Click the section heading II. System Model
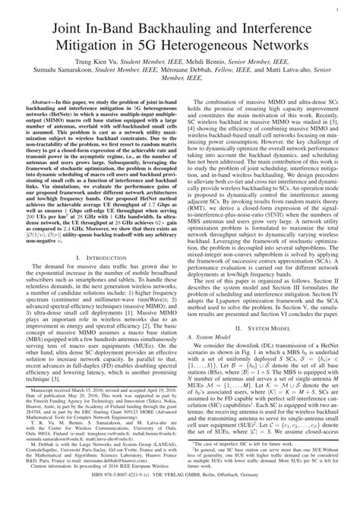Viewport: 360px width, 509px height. click(x=269, y=349)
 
